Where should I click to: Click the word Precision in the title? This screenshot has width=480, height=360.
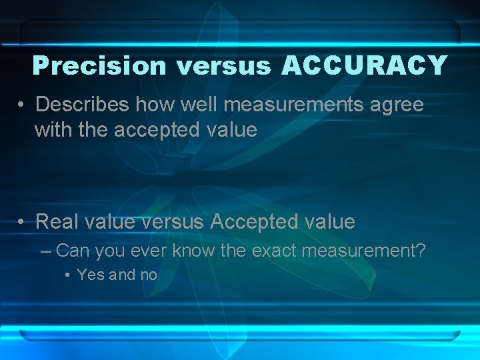[x=99, y=65]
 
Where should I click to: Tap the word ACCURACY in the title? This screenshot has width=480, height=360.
[x=364, y=65]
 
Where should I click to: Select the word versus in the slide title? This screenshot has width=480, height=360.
[x=223, y=65]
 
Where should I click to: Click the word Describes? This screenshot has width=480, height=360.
[x=82, y=105]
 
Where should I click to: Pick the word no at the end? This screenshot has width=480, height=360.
[x=148, y=275]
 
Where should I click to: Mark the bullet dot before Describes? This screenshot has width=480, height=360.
[x=22, y=105]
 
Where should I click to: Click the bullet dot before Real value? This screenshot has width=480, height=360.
[x=22, y=221]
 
